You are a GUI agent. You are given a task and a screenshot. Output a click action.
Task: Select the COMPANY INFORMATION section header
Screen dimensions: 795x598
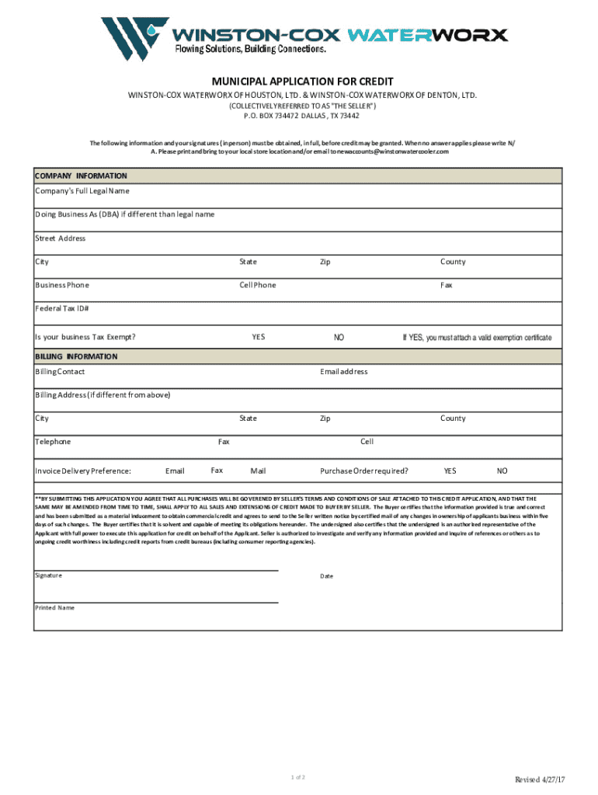coord(81,176)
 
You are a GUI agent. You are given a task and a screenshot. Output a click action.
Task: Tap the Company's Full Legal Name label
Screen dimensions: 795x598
coord(82,191)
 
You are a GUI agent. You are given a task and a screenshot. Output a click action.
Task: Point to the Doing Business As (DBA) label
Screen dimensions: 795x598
coord(124,214)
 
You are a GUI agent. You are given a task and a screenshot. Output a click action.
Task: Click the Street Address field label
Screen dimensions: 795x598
coord(61,238)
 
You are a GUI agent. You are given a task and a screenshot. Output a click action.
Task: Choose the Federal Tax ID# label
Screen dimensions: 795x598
coord(62,308)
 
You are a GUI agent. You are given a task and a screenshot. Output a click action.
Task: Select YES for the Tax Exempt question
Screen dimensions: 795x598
coord(258,337)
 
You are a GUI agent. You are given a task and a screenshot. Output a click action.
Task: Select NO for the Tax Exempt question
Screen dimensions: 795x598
coord(339,338)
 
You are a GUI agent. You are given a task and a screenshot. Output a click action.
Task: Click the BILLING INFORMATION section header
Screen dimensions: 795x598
coord(76,356)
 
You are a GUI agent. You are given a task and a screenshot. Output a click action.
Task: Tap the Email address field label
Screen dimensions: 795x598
coord(343,372)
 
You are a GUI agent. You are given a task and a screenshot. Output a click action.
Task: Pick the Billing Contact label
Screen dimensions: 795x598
coord(60,372)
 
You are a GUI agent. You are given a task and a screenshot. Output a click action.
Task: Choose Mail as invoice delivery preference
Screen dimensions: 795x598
coord(258,471)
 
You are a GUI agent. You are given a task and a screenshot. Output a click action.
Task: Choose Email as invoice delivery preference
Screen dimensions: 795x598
coord(175,471)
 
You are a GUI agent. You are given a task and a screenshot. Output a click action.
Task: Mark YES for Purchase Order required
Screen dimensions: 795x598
coord(450,471)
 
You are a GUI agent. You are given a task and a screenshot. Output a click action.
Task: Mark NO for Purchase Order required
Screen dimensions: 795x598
coord(502,471)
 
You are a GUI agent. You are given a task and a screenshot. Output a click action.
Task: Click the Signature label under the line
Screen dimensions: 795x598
coord(48,575)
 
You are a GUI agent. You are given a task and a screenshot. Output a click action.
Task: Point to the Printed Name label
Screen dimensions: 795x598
coord(54,608)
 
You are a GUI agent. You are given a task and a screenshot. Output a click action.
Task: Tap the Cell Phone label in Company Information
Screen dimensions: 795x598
coord(257,285)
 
